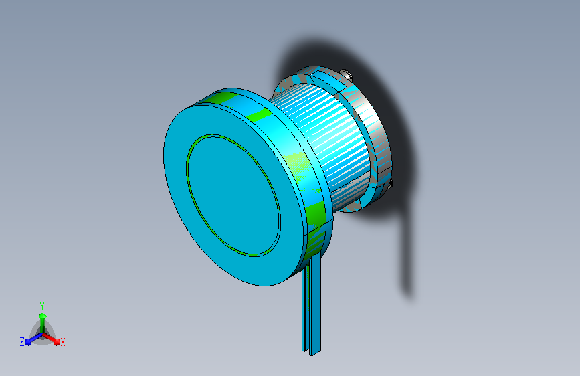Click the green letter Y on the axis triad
[42, 305]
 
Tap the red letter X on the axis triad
[62, 342]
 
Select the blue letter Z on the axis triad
[22, 341]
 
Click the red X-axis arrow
[54, 339]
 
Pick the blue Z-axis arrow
[31, 339]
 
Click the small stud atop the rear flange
[345, 74]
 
